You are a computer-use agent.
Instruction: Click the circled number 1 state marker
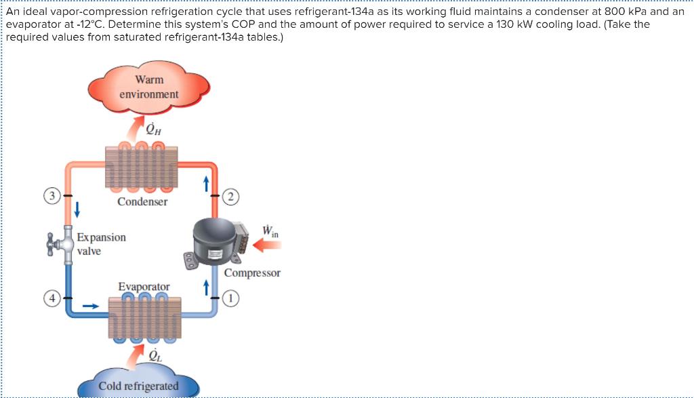pos(232,298)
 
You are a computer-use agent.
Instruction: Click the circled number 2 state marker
pos(232,197)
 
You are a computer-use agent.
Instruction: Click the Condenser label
pos(142,201)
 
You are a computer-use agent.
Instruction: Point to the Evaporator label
pos(144,287)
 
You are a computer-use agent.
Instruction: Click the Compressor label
pos(252,273)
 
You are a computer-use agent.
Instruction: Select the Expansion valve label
pos(101,244)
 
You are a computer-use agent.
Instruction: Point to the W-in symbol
pos(269,231)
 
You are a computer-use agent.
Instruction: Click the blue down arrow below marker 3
pos(77,210)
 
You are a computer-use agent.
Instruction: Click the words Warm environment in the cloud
pos(149,87)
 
